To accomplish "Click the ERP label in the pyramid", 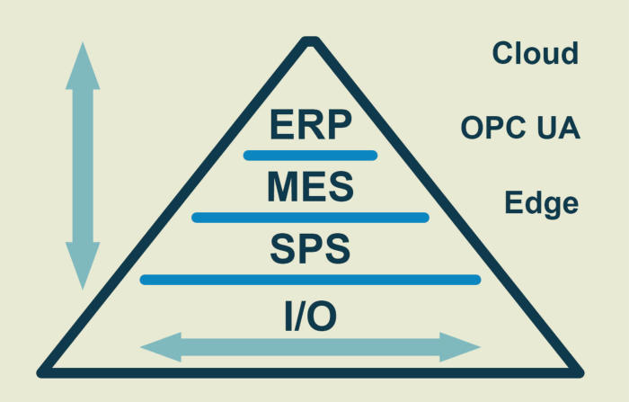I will pyautogui.click(x=310, y=125).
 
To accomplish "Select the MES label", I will pyautogui.click(x=310, y=187).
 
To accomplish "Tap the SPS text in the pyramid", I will pyautogui.click(x=310, y=248).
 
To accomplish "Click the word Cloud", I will pyautogui.click(x=535, y=53).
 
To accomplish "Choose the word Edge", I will pyautogui.click(x=540, y=203).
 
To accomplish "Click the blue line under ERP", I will pyautogui.click(x=310, y=156).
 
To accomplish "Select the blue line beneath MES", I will pyautogui.click(x=310, y=218).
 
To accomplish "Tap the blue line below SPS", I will pyautogui.click(x=310, y=280).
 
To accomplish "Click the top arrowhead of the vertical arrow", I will pyautogui.click(x=83, y=63).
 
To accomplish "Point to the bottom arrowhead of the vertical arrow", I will pyautogui.click(x=83, y=270).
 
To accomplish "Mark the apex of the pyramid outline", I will pyautogui.click(x=310, y=41).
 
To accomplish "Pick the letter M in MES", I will pyautogui.click(x=283, y=187).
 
